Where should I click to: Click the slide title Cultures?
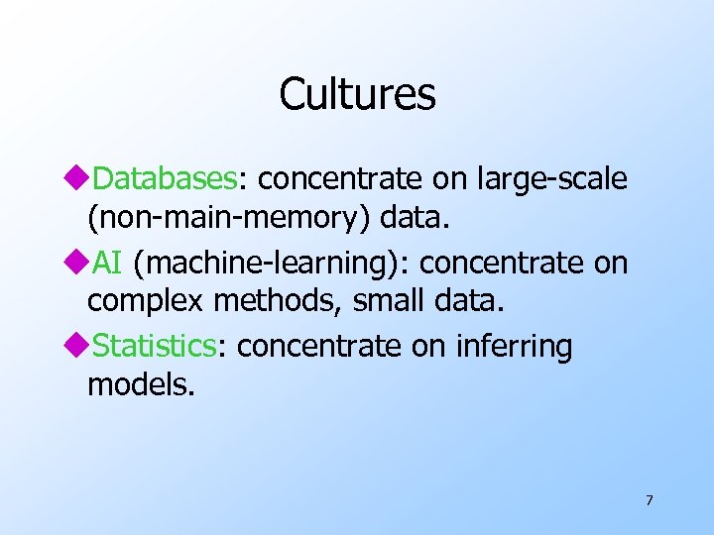[357, 94]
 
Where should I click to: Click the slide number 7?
[649, 500]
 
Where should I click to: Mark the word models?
[140, 384]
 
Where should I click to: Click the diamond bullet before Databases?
[79, 179]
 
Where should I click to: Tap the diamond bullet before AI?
[79, 264]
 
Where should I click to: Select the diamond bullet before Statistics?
[79, 347]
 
